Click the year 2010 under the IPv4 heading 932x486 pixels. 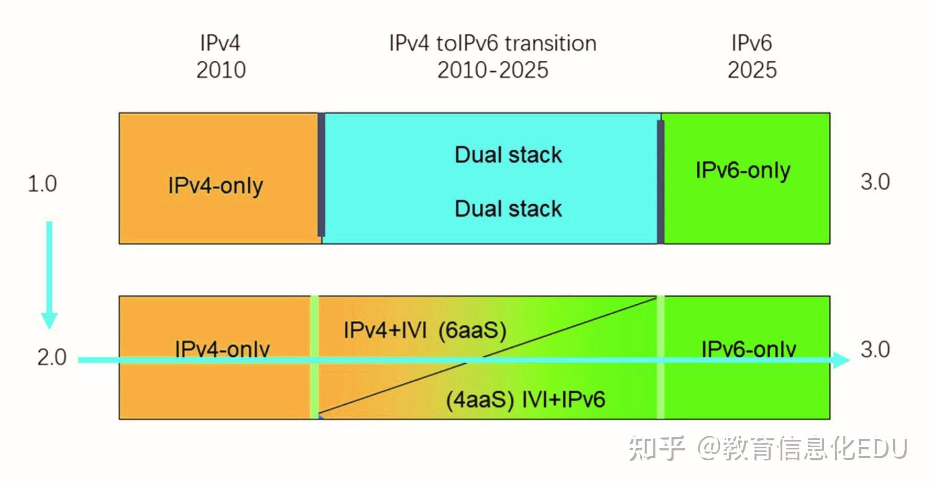click(221, 70)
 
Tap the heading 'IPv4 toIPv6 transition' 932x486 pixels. click(492, 43)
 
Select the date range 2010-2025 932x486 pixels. click(492, 70)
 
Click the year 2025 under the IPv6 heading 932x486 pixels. click(752, 70)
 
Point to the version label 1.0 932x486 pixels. click(42, 184)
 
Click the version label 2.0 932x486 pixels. click(51, 358)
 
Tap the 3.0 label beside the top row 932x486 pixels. click(875, 182)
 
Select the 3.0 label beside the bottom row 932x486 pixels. click(875, 349)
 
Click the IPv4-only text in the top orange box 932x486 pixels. click(215, 186)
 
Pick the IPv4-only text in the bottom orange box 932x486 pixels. click(222, 349)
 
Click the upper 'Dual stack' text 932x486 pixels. click(508, 155)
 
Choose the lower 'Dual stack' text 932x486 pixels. click(508, 209)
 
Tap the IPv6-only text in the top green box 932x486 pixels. click(743, 171)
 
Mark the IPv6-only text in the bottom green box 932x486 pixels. click(749, 349)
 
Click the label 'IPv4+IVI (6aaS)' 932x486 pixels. click(425, 330)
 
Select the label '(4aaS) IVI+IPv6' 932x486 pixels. click(525, 400)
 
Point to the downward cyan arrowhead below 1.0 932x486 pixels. click(49, 319)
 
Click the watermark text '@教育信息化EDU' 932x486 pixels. click(802, 449)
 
